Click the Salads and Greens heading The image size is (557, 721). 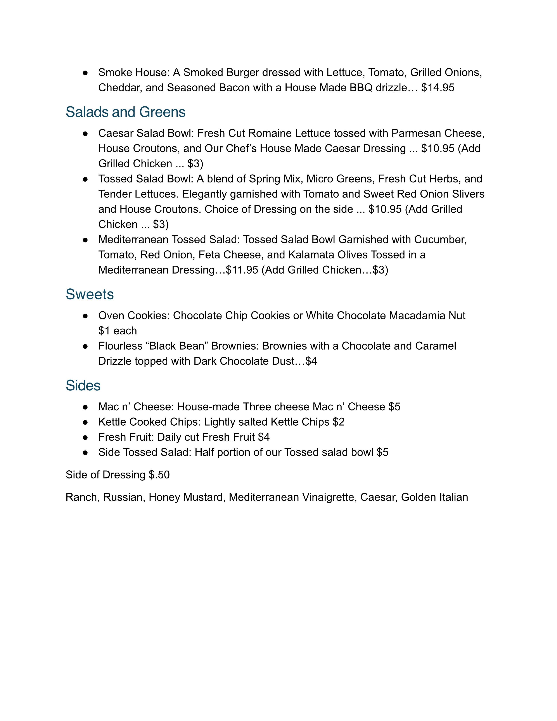pyautogui.click(x=125, y=112)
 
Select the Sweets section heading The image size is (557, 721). pyautogui.click(x=89, y=295)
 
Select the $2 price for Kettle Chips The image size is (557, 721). pyautogui.click(x=339, y=422)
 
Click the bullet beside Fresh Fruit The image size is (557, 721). pyautogui.click(x=85, y=437)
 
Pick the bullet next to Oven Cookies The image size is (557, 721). pyautogui.click(x=85, y=316)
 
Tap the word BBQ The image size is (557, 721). pyautogui.click(x=361, y=88)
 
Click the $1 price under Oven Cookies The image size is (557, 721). pyautogui.click(x=104, y=331)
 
